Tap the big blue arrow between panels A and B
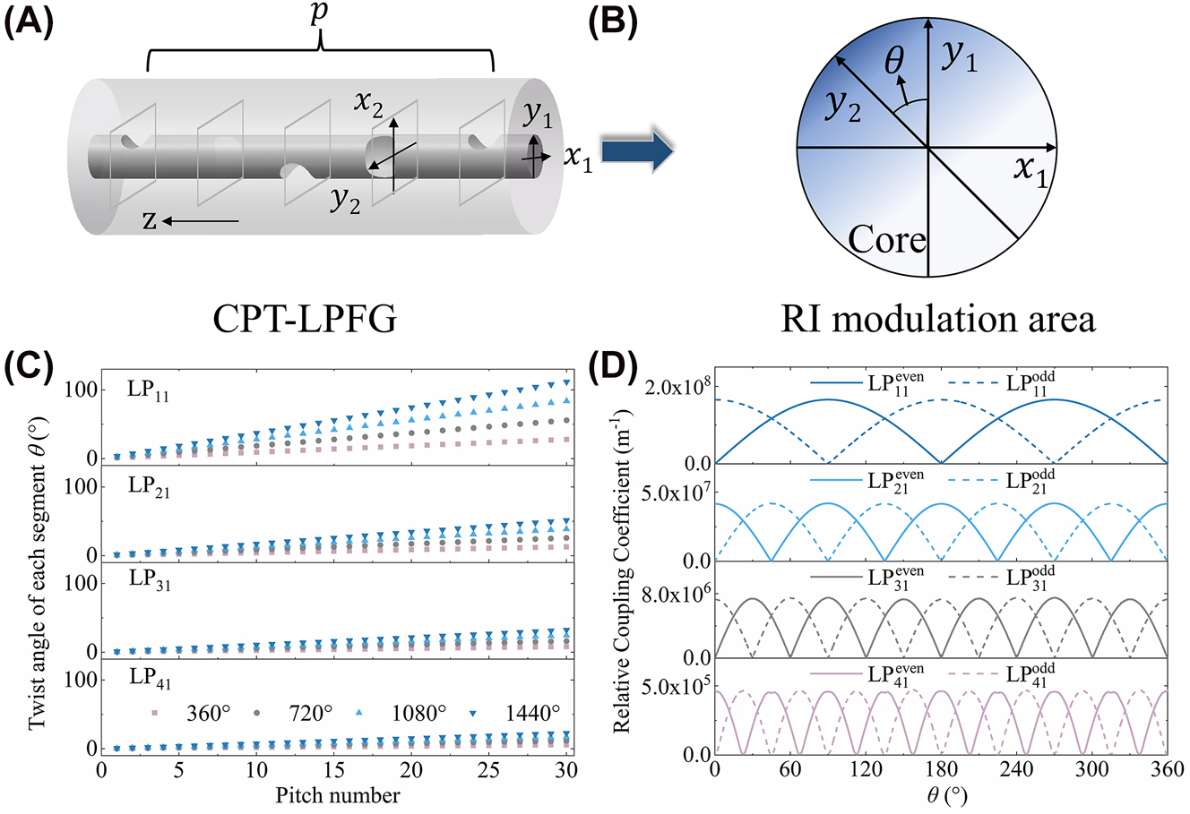tap(636, 150)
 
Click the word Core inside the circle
tap(886, 239)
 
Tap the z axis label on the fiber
tap(150, 221)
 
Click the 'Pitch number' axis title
tap(333, 794)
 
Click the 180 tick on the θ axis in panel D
tap(940, 771)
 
